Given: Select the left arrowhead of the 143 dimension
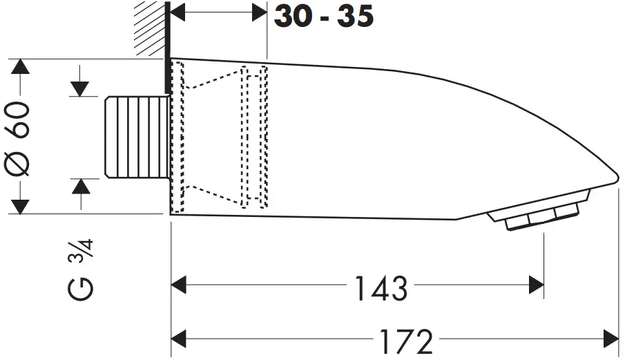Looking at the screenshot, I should coord(180,284).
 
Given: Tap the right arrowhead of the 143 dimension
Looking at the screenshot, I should coord(536,284).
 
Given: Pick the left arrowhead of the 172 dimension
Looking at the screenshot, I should coord(180,339).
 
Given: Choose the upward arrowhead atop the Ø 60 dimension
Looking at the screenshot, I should coord(21,68).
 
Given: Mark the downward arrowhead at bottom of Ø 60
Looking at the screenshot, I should coord(21,205).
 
